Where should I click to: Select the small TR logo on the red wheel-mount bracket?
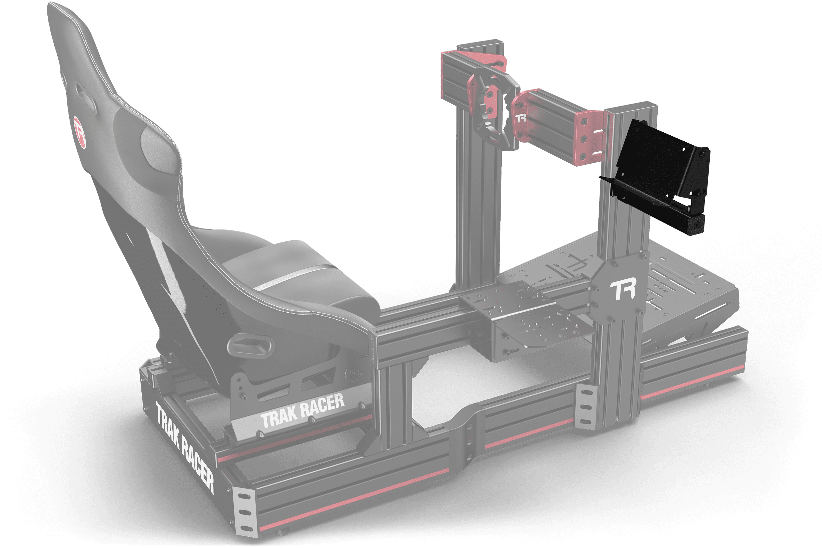point(521,118)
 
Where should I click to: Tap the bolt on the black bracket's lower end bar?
point(698,226)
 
